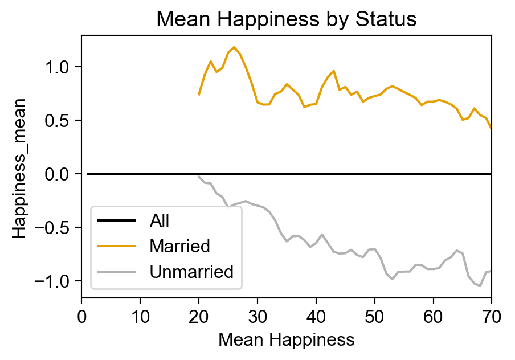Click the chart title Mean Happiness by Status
pos(287,19)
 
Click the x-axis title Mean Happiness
pos(287,340)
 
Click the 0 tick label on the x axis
pos(81,314)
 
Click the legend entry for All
pos(160,220)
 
